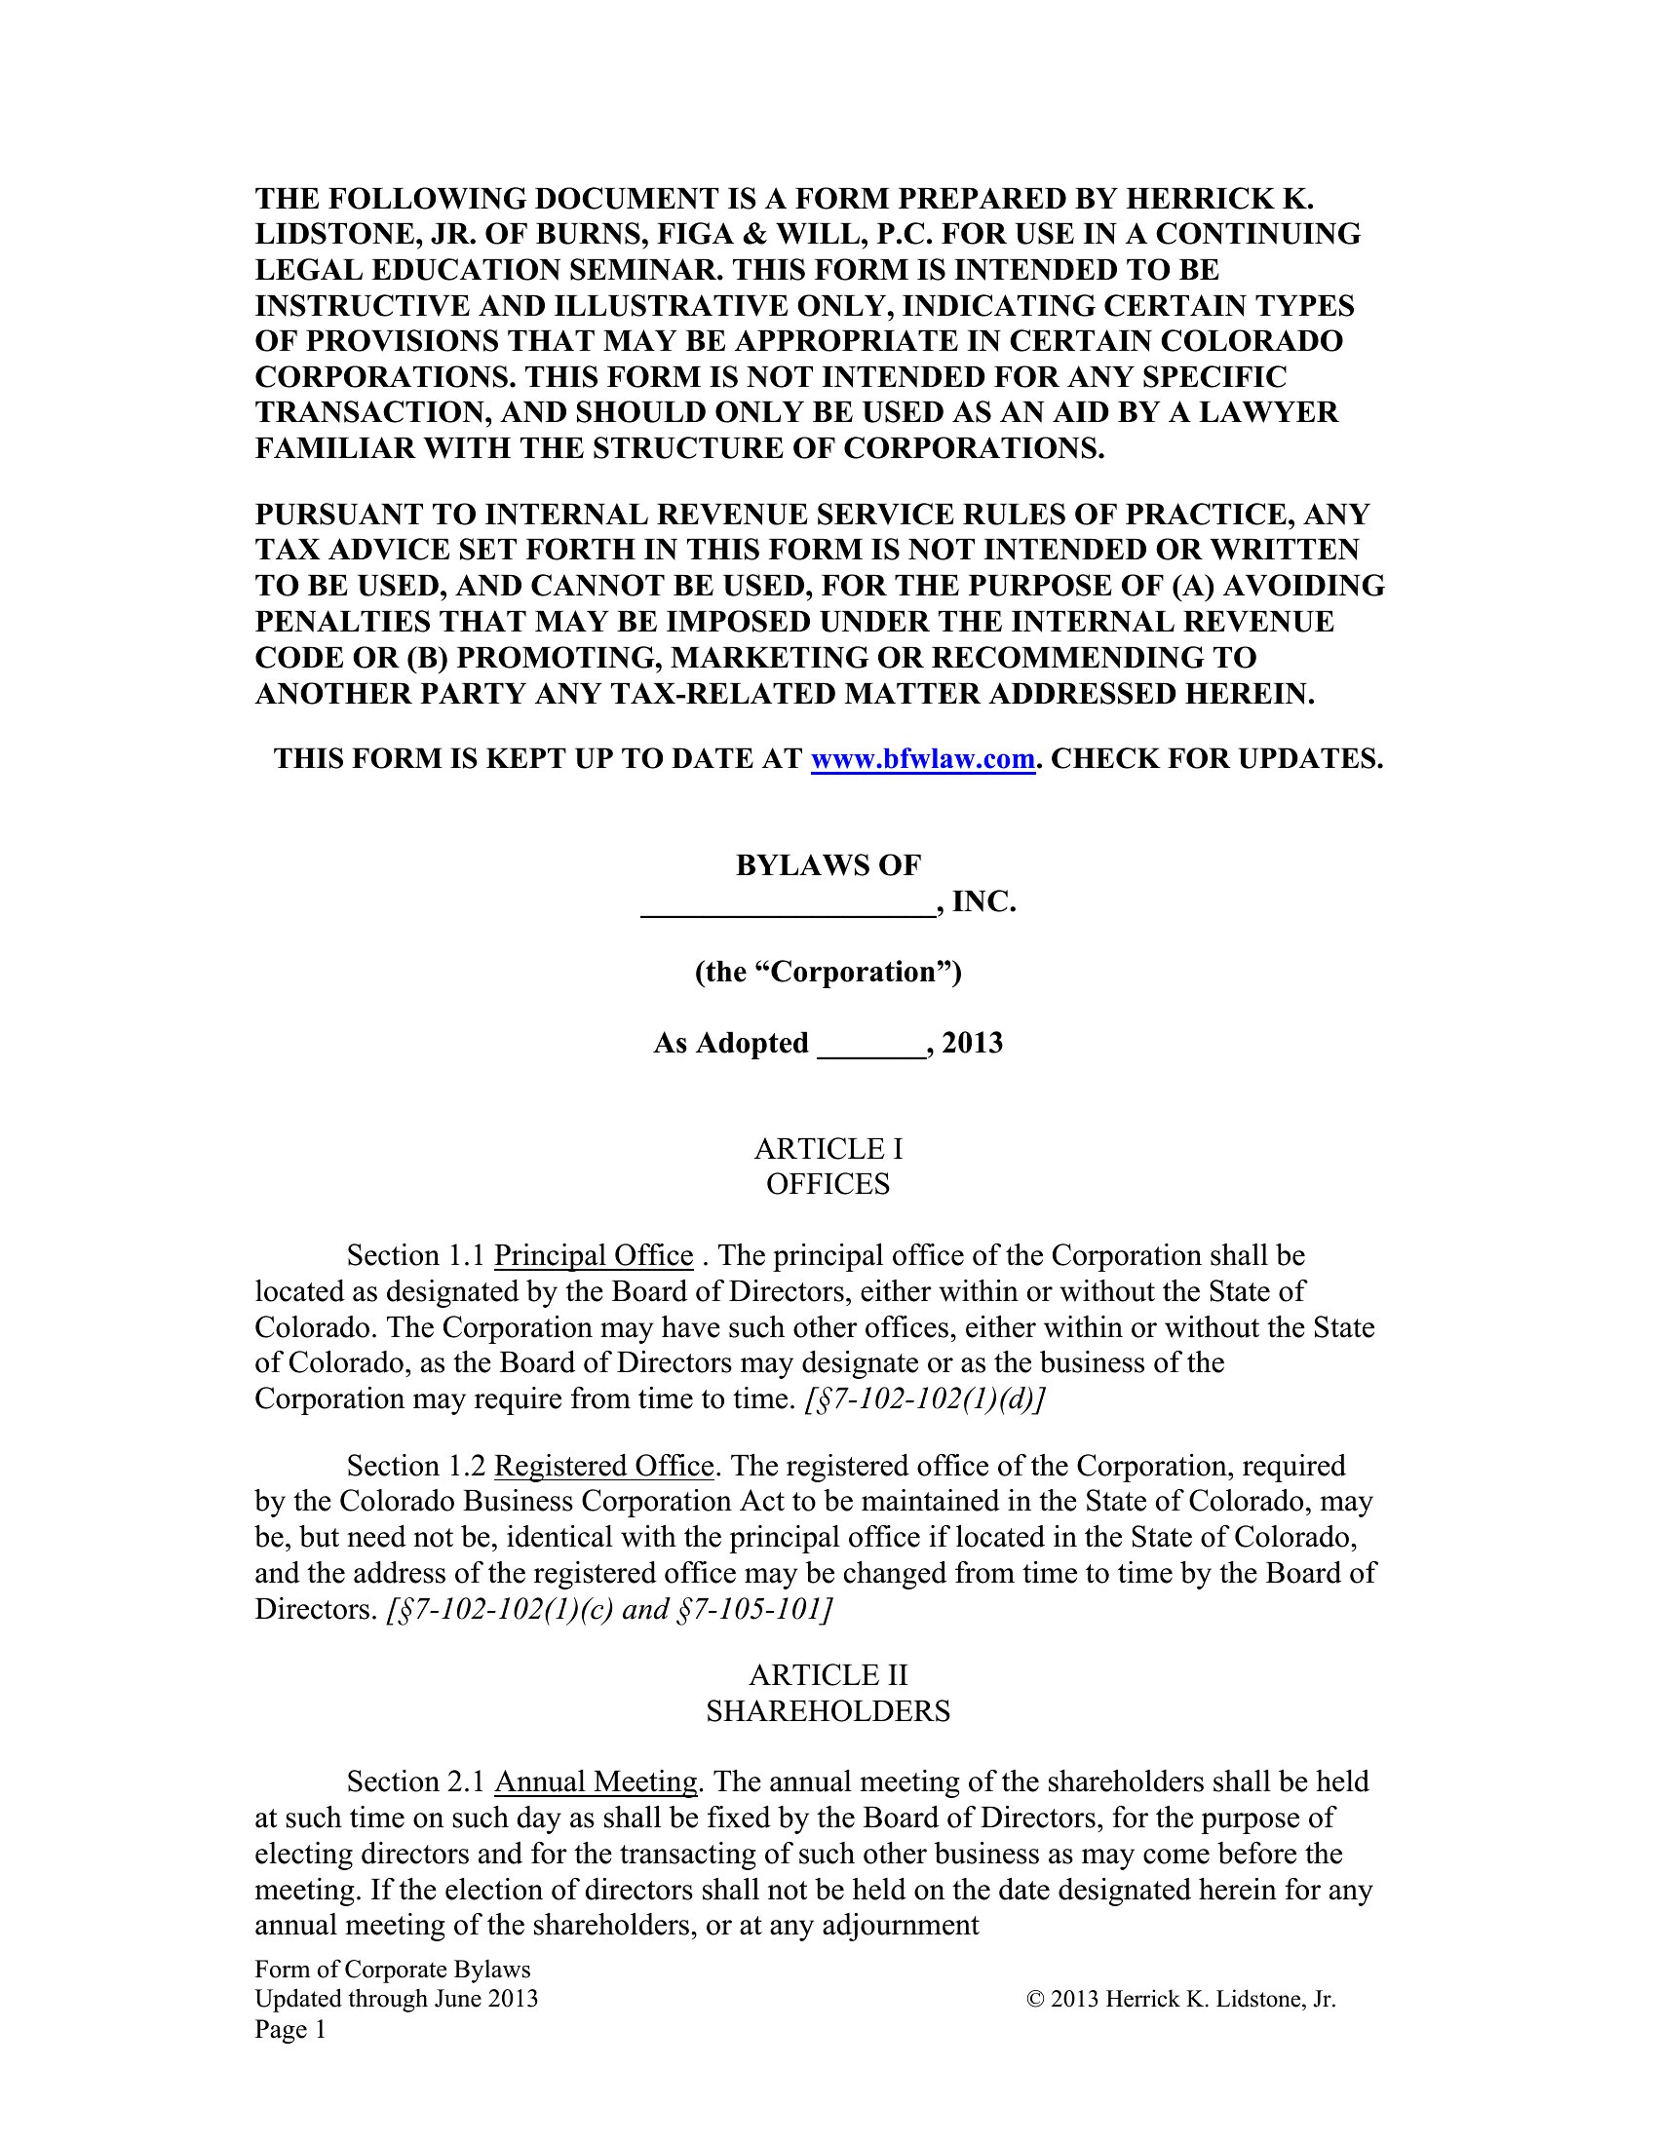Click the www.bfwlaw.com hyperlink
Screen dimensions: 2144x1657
[x=923, y=758]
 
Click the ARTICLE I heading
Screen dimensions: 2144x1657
[x=828, y=1148]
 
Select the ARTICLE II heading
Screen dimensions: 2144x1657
[x=828, y=1673]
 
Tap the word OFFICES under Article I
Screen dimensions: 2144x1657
[x=828, y=1183]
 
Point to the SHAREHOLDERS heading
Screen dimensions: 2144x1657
[x=828, y=1710]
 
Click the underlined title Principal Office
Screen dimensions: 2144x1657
[x=593, y=1255]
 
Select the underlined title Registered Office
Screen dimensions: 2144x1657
[x=602, y=1466]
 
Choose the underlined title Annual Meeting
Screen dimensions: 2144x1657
[x=595, y=1780]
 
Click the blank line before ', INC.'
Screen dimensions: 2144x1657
[x=788, y=903]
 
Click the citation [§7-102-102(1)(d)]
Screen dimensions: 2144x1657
[x=924, y=1397]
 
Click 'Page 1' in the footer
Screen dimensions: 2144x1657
[x=289, y=2029]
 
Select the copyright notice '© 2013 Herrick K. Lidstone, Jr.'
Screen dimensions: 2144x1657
[x=1181, y=1999]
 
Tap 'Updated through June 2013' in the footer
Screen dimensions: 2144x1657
[x=396, y=1999]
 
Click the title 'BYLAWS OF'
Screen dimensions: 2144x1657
[x=828, y=864]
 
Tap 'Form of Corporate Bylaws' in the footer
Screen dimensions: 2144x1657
[x=392, y=1970]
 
